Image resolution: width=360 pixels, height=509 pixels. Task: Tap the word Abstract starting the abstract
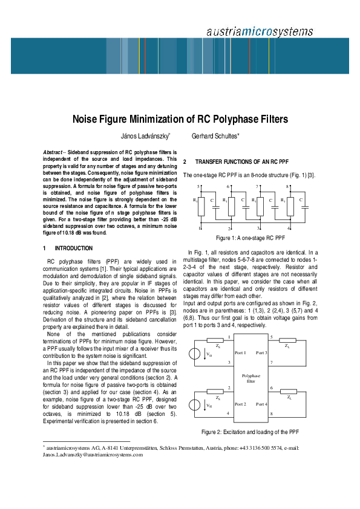pyautogui.click(x=55, y=152)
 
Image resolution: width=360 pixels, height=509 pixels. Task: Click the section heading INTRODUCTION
pyautogui.click(x=74, y=248)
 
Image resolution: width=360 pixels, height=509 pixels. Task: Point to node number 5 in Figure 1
pyautogui.click(x=200, y=187)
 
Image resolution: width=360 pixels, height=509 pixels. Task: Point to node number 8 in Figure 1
pyautogui.click(x=287, y=187)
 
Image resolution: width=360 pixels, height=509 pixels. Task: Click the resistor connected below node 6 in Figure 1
pyautogui.click(x=232, y=207)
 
